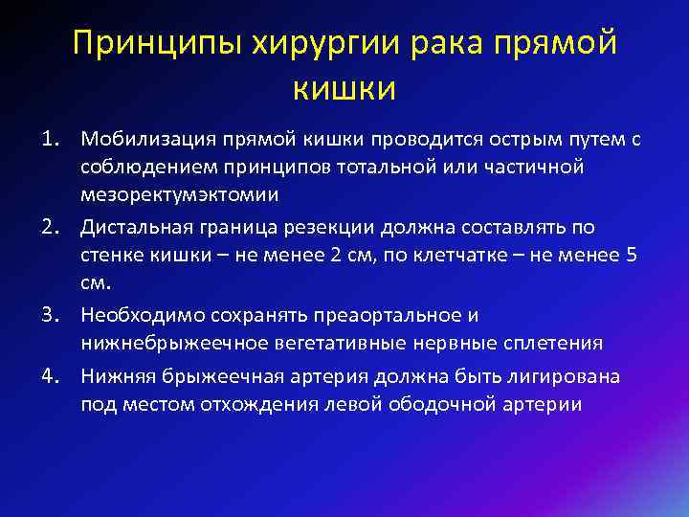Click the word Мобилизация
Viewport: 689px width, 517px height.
[141, 140]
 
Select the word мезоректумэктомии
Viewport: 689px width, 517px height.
[180, 195]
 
